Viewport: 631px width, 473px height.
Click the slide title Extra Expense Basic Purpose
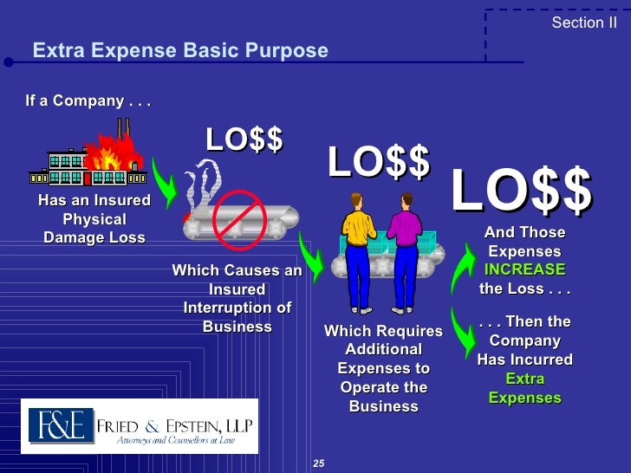tap(180, 51)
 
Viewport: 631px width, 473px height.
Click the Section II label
tap(583, 23)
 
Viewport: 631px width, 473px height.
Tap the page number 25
tap(318, 464)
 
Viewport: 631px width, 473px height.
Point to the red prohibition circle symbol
tap(238, 216)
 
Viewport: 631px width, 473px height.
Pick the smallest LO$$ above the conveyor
tap(244, 139)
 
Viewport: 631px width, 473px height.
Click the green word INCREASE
tap(524, 269)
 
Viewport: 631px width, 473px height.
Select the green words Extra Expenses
tap(524, 389)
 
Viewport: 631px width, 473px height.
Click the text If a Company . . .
tap(88, 100)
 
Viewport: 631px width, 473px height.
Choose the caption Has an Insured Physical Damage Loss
tap(94, 219)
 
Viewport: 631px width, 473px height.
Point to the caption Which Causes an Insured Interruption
tap(237, 299)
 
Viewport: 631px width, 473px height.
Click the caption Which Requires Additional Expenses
tap(383, 368)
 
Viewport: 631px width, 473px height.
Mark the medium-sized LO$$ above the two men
tap(379, 163)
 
